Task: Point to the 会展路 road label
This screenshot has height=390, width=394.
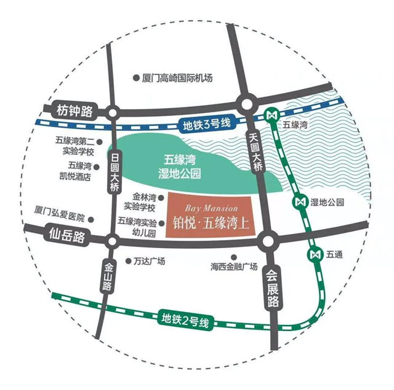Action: (274, 289)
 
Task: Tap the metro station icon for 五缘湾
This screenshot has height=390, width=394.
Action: (271, 115)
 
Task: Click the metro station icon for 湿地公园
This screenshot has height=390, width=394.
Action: (302, 201)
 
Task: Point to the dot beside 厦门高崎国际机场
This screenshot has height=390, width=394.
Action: (136, 78)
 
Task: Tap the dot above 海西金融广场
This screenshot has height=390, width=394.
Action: (233, 257)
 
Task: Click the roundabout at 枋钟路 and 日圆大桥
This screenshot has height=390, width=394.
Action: (113, 113)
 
